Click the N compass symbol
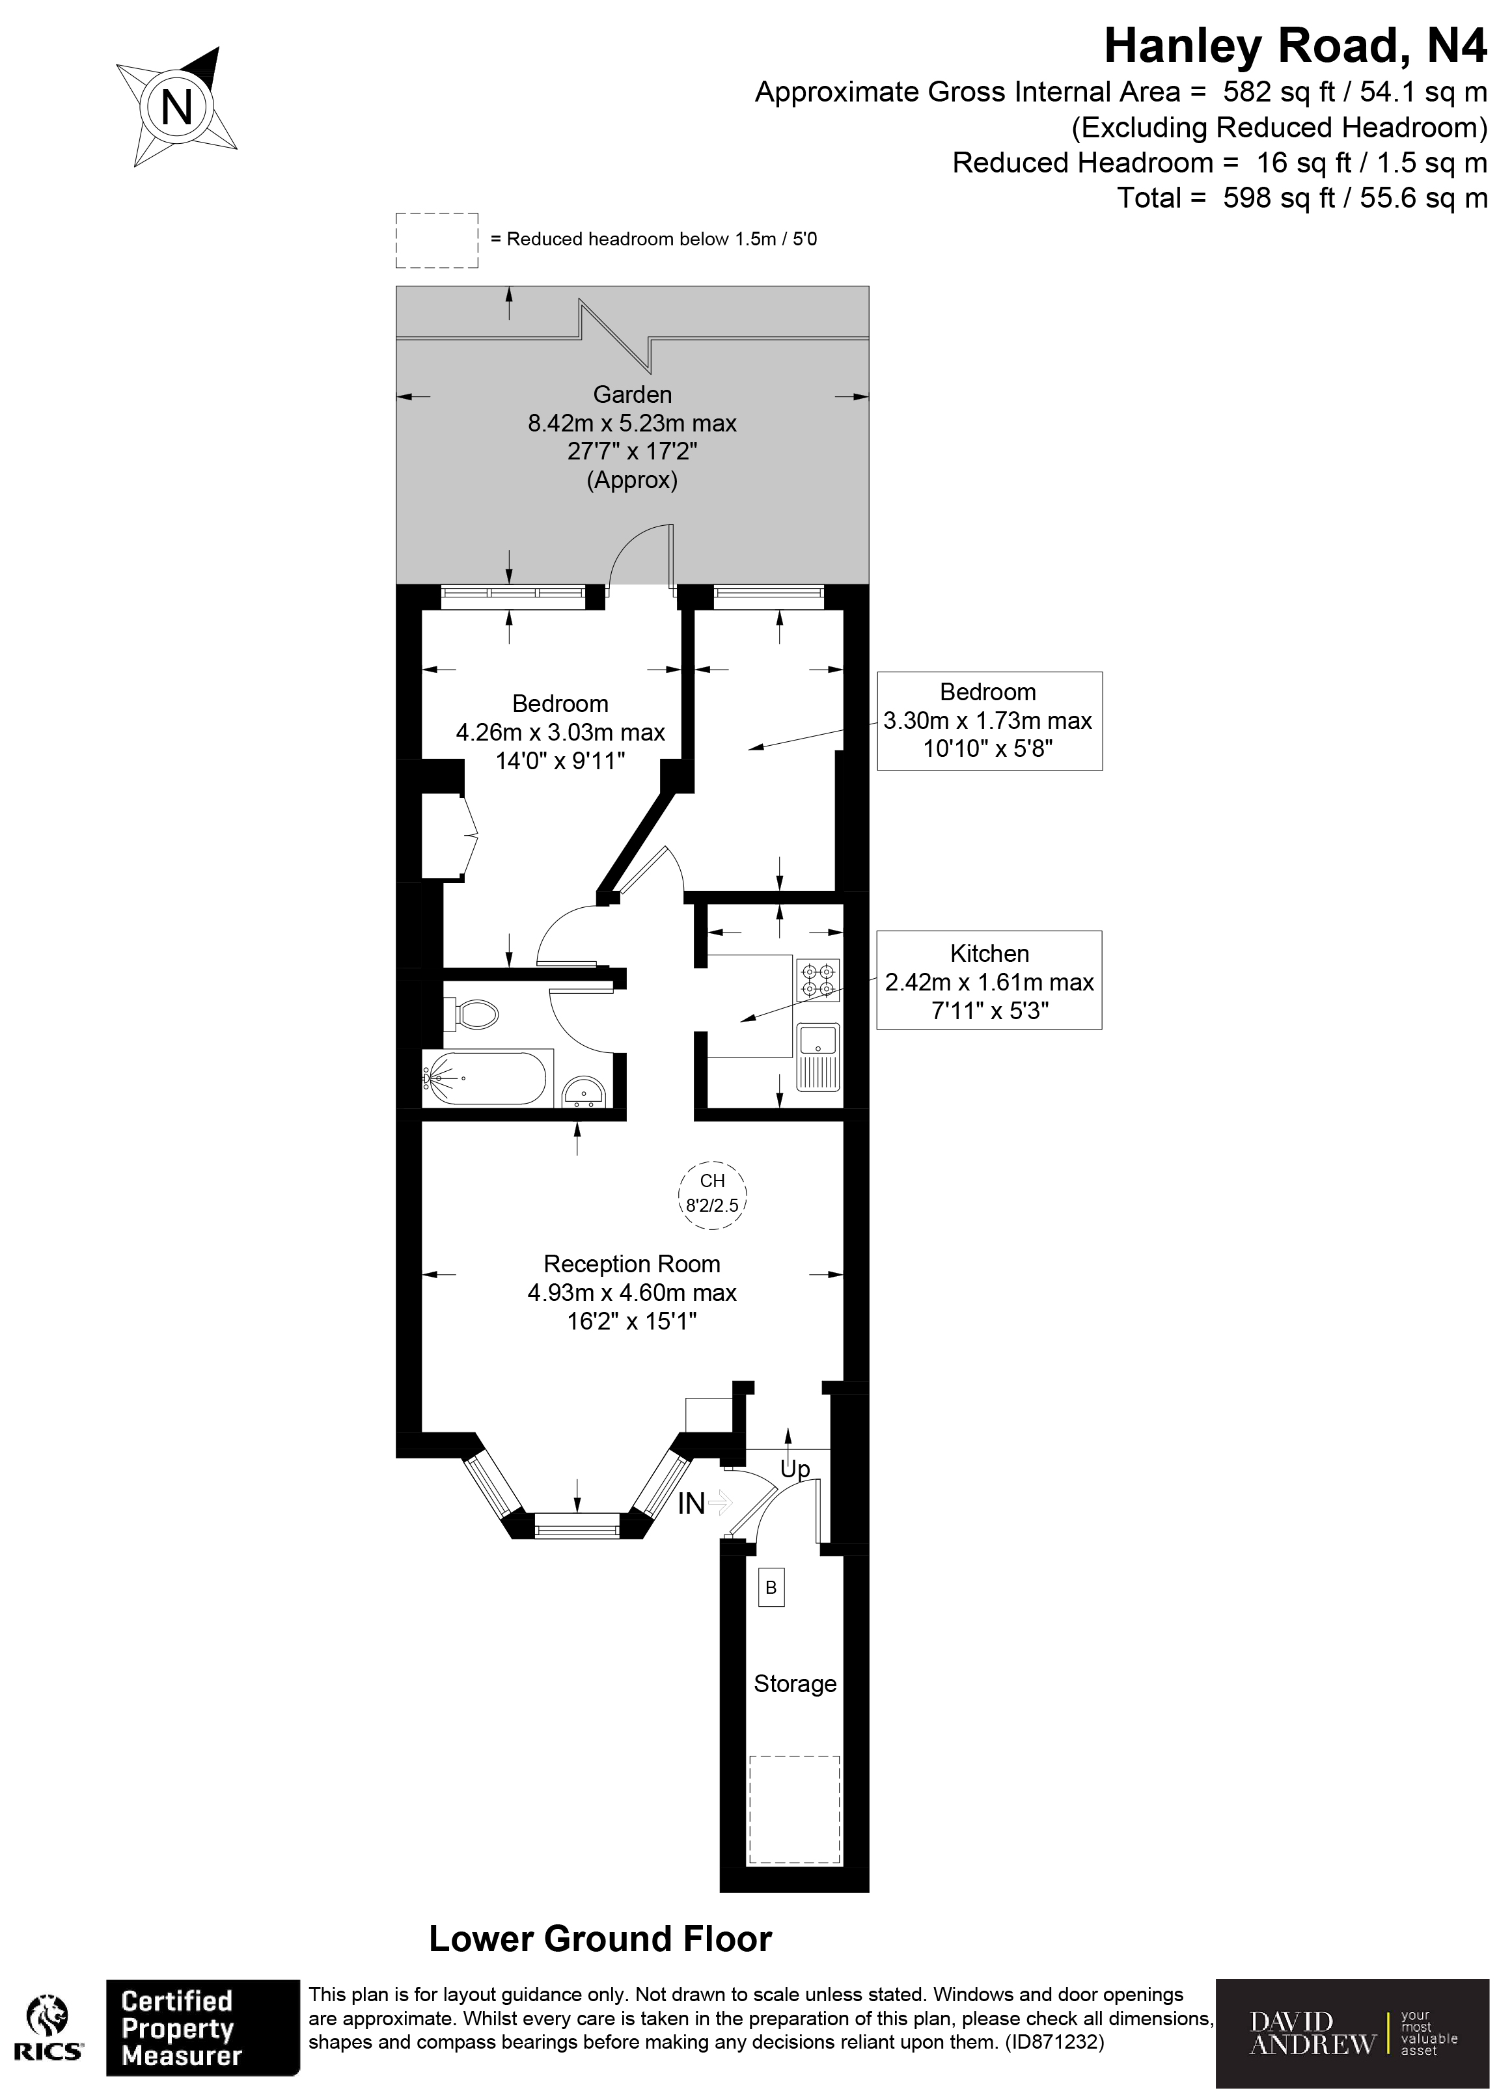point(176,108)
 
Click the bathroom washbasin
point(583,1093)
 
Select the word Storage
point(794,1684)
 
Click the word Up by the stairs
point(794,1469)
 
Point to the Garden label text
point(632,395)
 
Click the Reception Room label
point(632,1264)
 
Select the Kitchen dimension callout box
point(989,980)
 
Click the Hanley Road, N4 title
point(1295,46)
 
